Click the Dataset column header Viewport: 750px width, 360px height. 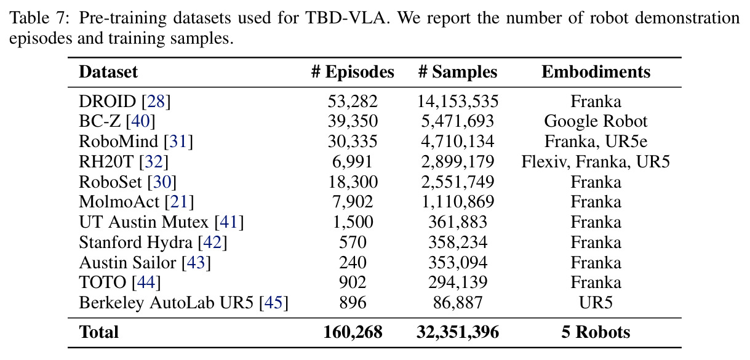tap(108, 72)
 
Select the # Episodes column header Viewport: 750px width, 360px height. tap(353, 72)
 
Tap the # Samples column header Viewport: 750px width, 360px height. tap(458, 72)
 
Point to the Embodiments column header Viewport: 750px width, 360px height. tap(596, 72)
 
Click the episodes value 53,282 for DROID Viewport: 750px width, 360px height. tap(353, 102)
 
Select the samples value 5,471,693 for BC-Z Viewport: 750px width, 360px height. tap(458, 121)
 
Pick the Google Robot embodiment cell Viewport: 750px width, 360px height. tap(596, 122)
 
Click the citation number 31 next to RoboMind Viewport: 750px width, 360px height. tap(178, 142)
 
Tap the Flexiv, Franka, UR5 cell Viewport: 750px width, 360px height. tap(596, 162)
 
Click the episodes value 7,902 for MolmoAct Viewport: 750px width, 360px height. tap(353, 202)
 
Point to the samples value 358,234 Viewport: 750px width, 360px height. tap(458, 242)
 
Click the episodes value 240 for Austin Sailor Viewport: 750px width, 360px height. tap(353, 263)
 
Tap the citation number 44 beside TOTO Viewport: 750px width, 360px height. tap(146, 282)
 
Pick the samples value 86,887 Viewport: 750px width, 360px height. tap(458, 303)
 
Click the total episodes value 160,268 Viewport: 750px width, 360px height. tap(353, 332)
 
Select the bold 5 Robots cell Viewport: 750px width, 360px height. tap(596, 332)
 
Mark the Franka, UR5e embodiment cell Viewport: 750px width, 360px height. tap(596, 142)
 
